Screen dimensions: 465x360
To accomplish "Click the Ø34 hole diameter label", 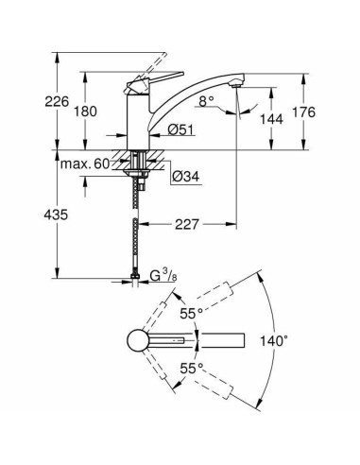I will click(x=186, y=176).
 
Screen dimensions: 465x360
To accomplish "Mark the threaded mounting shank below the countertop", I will click(x=141, y=175).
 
